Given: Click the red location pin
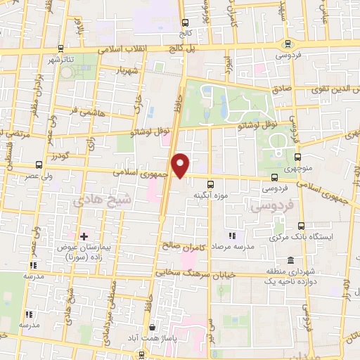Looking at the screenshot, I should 181,165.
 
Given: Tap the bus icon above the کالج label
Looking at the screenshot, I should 185,22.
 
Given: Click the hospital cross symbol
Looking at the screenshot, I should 84,236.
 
